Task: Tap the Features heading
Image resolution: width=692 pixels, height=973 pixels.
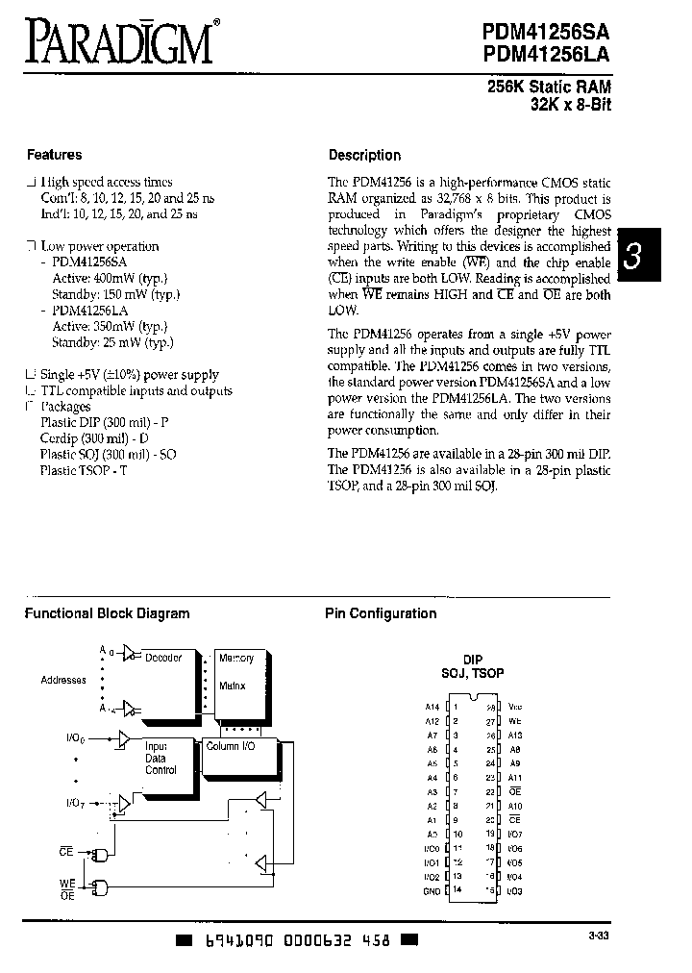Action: pyautogui.click(x=54, y=154)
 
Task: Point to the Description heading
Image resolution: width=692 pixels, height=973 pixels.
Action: pyautogui.click(x=364, y=155)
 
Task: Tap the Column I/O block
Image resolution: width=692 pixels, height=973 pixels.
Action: pyautogui.click(x=231, y=746)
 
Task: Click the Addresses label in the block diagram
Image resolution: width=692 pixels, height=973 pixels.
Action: pyautogui.click(x=63, y=680)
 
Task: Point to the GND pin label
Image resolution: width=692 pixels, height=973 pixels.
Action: pyautogui.click(x=432, y=891)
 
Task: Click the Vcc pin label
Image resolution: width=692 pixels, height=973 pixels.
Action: pyautogui.click(x=517, y=707)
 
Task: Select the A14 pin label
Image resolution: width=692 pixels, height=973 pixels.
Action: pyautogui.click(x=432, y=707)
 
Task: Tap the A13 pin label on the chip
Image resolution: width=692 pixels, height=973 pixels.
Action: pyautogui.click(x=516, y=735)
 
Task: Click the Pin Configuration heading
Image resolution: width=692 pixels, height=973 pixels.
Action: pyautogui.click(x=380, y=613)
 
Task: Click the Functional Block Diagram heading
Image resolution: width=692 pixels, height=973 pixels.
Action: pyautogui.click(x=107, y=613)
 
